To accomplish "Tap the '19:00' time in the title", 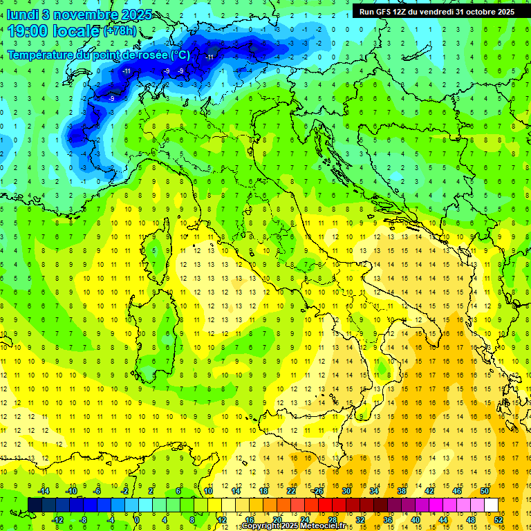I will [x=29, y=31].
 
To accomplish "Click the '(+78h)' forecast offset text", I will [x=120, y=32].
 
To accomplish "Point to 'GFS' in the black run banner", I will [x=384, y=12].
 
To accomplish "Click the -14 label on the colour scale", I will [x=44, y=491].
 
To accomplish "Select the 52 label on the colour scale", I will [x=499, y=520].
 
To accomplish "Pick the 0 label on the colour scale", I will [x=137, y=520].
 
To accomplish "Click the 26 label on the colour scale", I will [x=318, y=491].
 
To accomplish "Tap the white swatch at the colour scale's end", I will [x=491, y=505].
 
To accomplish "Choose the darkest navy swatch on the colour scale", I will [x=35, y=505].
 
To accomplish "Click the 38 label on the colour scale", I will [x=401, y=491].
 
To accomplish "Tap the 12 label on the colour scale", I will [x=221, y=520].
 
